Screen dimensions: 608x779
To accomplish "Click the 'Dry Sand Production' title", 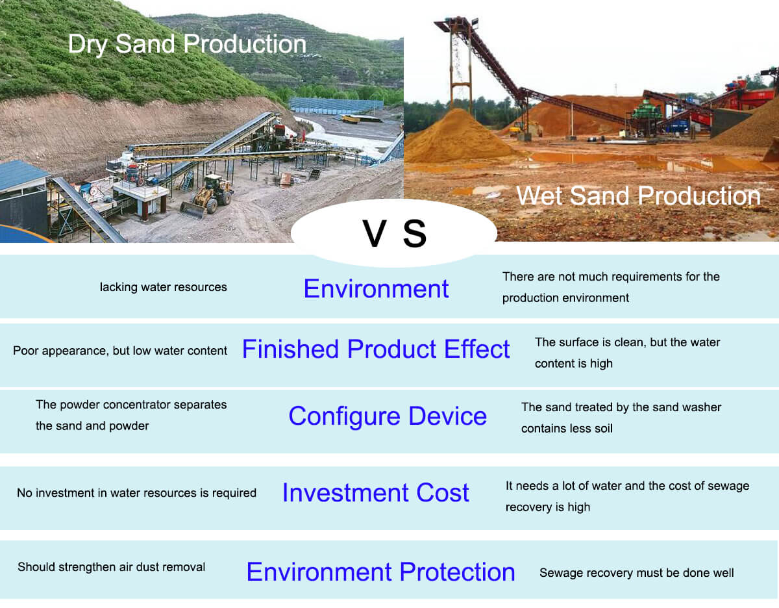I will [187, 44].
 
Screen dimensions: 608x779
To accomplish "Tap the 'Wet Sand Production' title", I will [638, 196].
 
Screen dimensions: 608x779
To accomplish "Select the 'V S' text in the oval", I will [395, 234].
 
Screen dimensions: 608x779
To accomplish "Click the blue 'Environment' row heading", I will [376, 288].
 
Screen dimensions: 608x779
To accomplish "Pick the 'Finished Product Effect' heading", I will [376, 349].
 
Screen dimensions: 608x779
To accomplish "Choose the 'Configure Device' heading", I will [388, 416].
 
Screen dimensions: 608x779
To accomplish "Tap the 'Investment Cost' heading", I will [375, 493].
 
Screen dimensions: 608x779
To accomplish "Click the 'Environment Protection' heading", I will [380, 572].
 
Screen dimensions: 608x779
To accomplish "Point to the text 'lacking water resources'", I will [163, 287].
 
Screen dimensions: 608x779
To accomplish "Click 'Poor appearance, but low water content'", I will [120, 351].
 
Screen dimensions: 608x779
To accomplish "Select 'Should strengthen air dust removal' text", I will [111, 567].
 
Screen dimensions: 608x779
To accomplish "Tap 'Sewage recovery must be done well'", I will [636, 573].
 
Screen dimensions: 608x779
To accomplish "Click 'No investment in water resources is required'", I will [136, 493].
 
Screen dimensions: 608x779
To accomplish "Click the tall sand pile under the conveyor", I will [458, 137].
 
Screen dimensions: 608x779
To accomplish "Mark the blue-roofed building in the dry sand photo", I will [23, 195].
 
